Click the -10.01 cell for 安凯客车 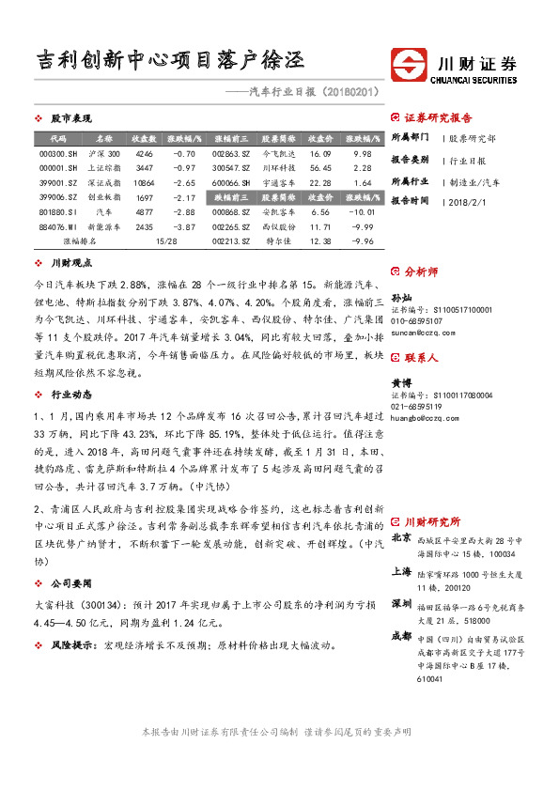(361, 212)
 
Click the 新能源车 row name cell (104, 226)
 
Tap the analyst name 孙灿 (400, 297)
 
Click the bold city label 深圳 (400, 603)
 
